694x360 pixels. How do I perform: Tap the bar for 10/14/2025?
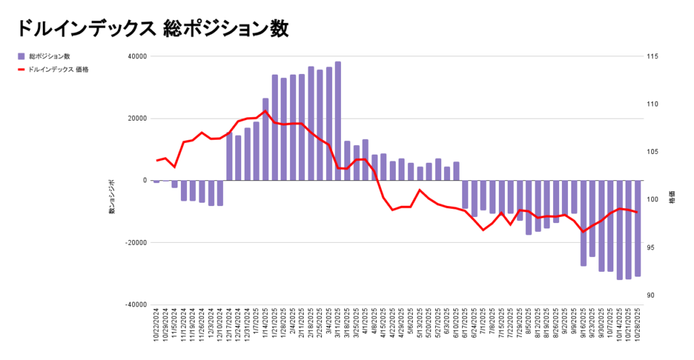click(x=619, y=230)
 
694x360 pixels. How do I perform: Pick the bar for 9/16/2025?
click(x=583, y=223)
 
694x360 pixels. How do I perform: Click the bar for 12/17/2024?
click(x=229, y=157)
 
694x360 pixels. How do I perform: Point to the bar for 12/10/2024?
click(x=220, y=193)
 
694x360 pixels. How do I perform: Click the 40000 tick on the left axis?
click(x=139, y=56)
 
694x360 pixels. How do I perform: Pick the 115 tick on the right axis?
click(x=654, y=56)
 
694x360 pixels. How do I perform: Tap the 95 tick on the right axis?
click(x=653, y=247)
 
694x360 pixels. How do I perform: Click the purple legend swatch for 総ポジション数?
click(x=22, y=56)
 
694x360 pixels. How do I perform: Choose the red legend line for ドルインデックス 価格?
click(x=22, y=69)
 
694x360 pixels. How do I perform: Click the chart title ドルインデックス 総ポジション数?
click(x=153, y=28)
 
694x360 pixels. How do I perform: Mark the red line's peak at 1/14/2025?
click(x=265, y=111)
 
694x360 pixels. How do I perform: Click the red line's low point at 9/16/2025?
click(x=583, y=232)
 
